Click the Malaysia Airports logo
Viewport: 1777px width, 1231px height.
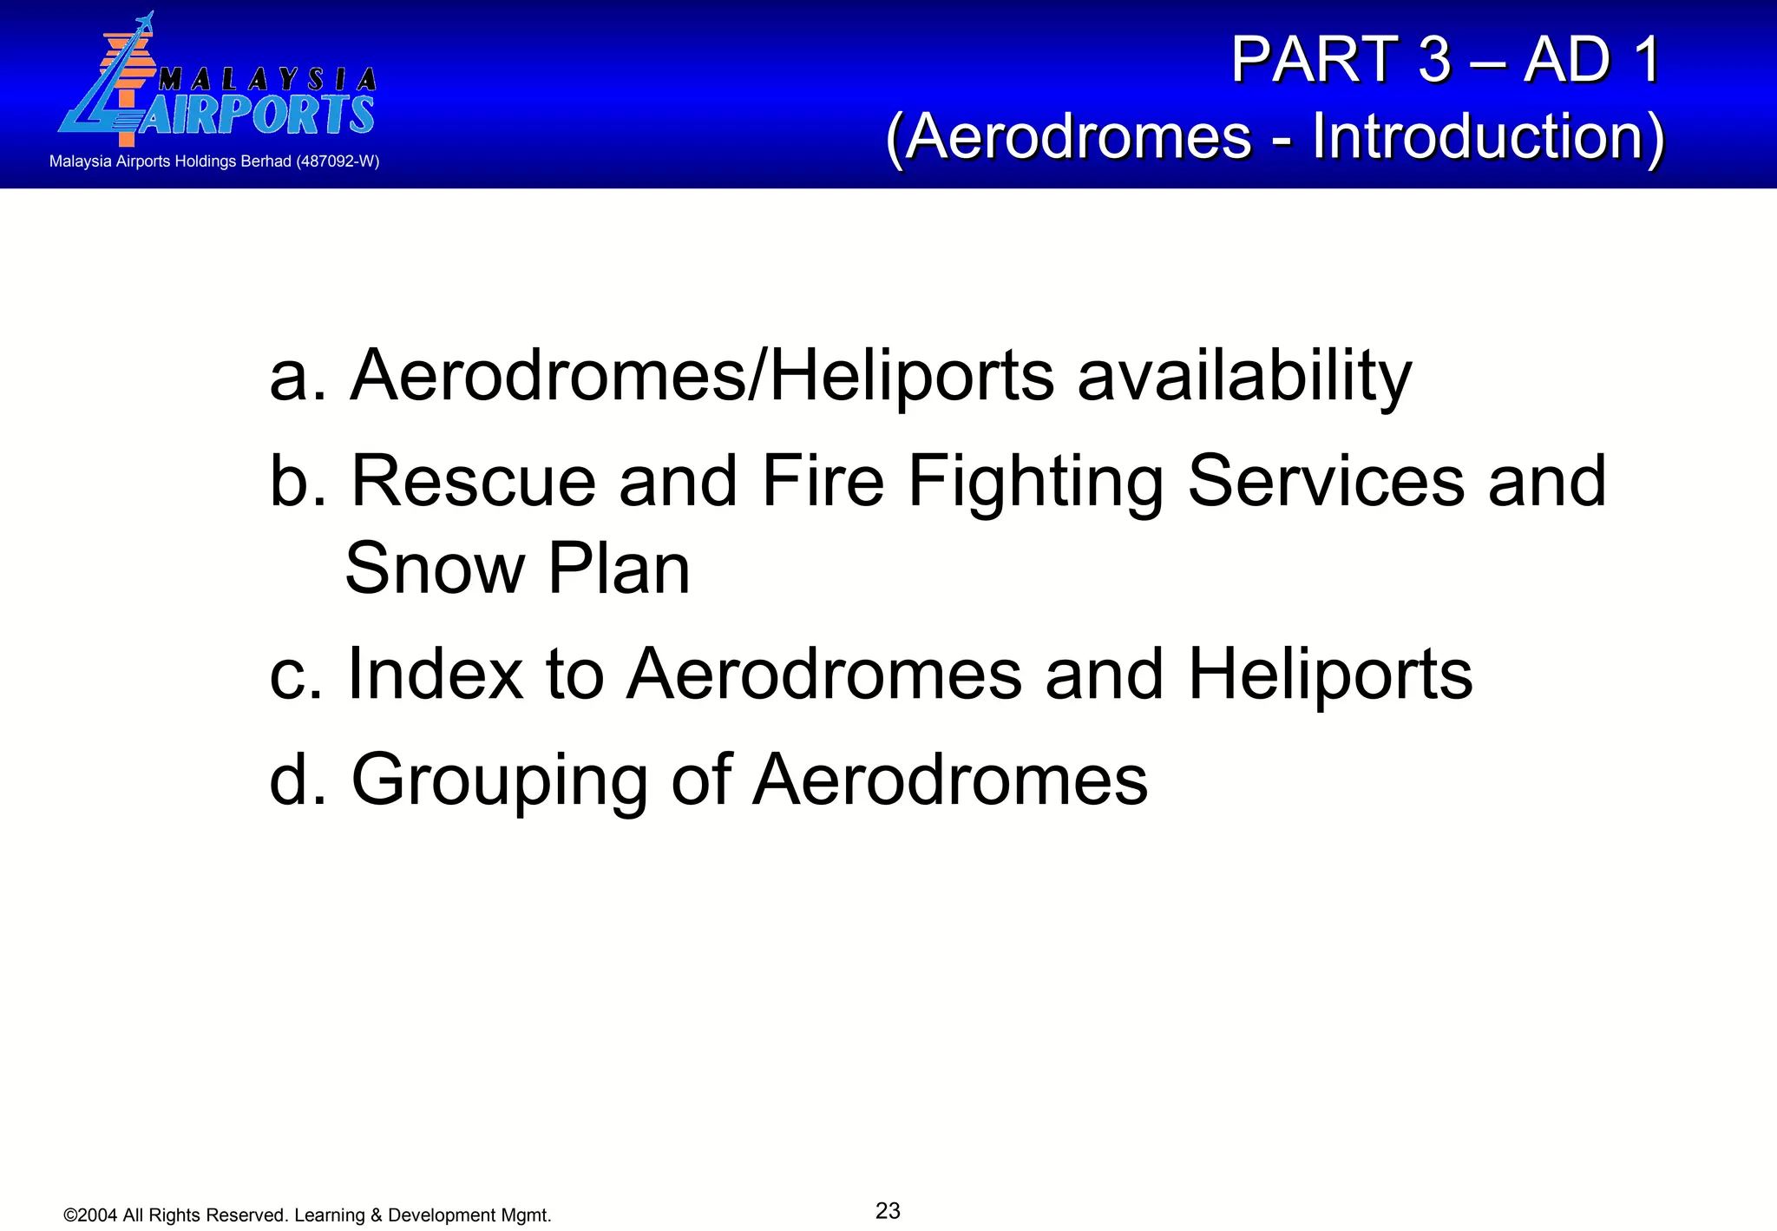click(217, 82)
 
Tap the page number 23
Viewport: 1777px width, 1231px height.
click(888, 1210)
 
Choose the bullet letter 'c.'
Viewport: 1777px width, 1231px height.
click(296, 675)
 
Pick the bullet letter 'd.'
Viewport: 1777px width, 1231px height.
click(298, 780)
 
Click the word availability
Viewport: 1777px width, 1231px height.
click(1244, 377)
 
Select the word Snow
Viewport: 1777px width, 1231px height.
click(435, 569)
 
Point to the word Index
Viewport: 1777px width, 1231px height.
click(435, 675)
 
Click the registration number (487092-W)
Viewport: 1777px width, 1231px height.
click(338, 161)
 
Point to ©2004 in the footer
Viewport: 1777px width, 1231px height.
click(91, 1215)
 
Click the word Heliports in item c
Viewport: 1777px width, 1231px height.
click(1329, 675)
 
